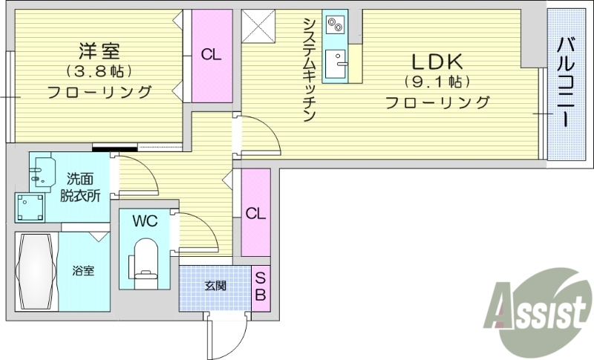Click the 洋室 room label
99,51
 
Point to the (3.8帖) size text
99,72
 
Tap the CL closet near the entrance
255,213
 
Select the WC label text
146,221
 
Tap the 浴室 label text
83,272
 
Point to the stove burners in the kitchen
335,25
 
